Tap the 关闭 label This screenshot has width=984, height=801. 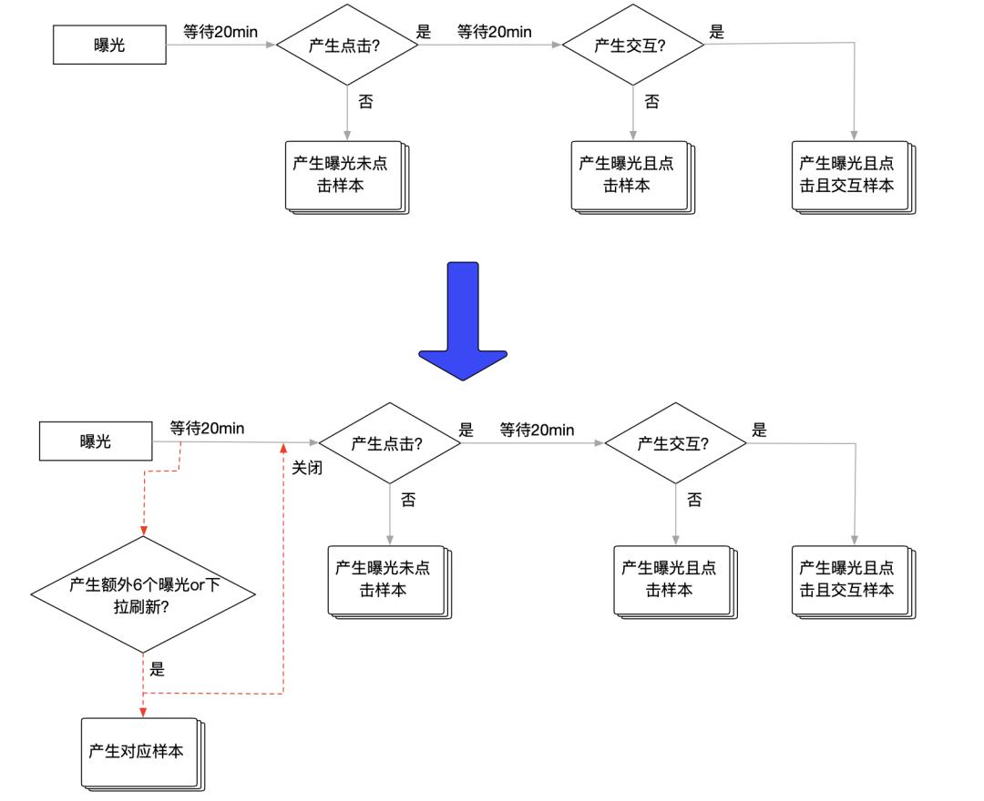coord(307,469)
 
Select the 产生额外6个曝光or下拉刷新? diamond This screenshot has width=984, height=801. coord(144,595)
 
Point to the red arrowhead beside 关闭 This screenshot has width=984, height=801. coord(283,449)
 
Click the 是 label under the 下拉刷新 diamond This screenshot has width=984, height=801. coord(157,670)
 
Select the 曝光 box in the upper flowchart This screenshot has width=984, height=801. coord(109,45)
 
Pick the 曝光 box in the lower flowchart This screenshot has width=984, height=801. coord(96,441)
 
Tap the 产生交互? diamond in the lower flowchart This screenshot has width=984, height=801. coord(674,443)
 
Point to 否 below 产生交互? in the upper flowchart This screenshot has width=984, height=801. coord(651,102)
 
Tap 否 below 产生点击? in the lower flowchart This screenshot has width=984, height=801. coord(408,500)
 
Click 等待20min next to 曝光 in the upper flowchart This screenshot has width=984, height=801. coord(220,32)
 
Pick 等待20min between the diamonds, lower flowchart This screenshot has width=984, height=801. coord(537,430)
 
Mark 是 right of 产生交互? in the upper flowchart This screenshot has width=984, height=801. coord(717,32)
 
